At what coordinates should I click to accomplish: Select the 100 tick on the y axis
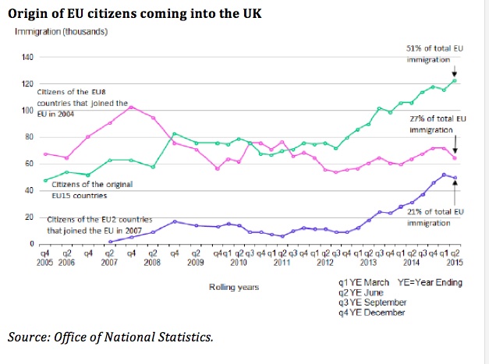pos(27,111)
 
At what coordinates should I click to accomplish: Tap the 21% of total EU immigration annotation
pos(431,217)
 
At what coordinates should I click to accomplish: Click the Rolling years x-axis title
pos(233,288)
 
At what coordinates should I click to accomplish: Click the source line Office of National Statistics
pos(110,337)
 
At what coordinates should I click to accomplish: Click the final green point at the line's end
pos(455,80)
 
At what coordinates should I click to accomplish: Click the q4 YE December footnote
pos(372,313)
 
